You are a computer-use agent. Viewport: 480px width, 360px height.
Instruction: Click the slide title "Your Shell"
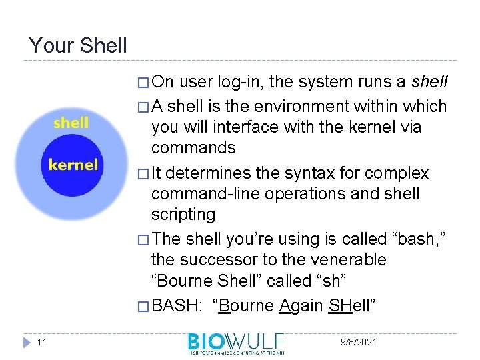pyautogui.click(x=77, y=45)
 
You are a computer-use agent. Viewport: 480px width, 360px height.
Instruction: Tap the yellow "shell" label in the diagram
pyautogui.click(x=71, y=123)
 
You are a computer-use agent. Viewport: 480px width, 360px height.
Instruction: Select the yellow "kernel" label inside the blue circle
pyautogui.click(x=73, y=165)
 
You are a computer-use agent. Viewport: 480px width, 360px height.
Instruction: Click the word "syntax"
pyautogui.click(x=285, y=173)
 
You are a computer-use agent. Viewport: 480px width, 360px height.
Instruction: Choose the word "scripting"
pyautogui.click(x=183, y=214)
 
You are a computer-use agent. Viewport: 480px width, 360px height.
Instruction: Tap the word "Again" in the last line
pyautogui.click(x=301, y=306)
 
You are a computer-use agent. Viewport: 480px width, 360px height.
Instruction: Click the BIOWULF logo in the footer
pyautogui.click(x=236, y=343)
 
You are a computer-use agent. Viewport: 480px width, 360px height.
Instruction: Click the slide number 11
pyautogui.click(x=41, y=342)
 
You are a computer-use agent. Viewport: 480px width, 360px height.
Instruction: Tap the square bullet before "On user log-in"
pyautogui.click(x=142, y=83)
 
